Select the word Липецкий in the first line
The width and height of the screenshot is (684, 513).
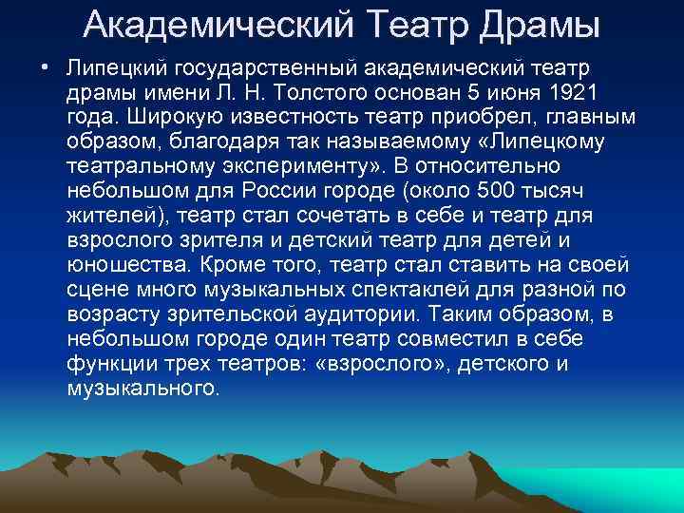pos(109,69)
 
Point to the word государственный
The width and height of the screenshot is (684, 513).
pos(247,69)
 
